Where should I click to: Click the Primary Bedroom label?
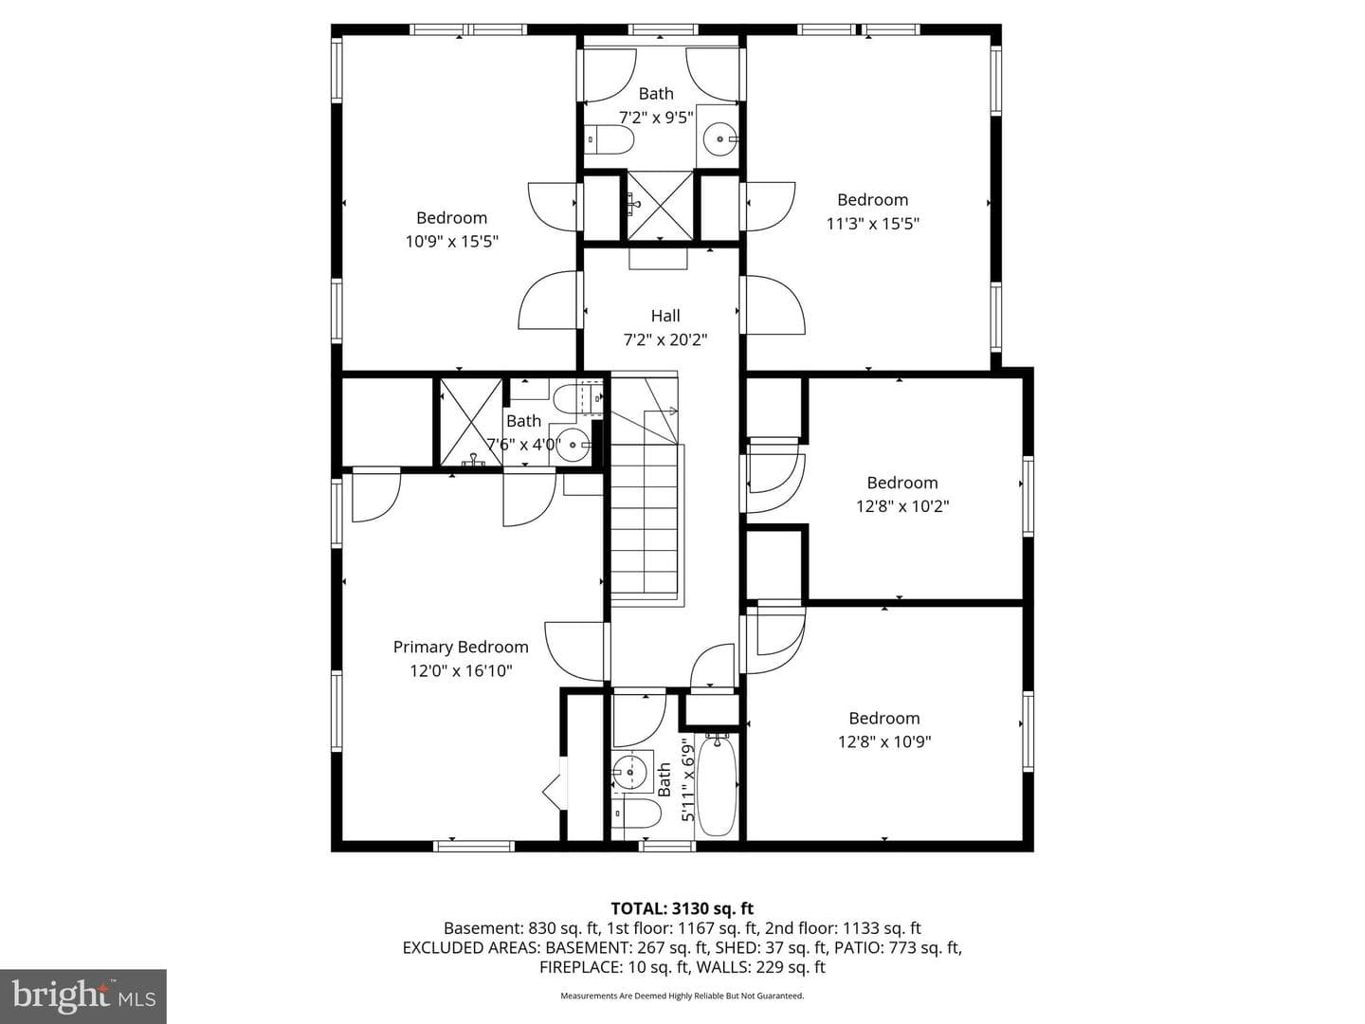click(461, 648)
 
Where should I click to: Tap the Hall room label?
click(665, 316)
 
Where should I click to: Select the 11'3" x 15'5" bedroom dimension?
click(872, 223)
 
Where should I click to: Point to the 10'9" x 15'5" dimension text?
click(452, 241)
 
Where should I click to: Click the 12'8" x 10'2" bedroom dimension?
click(902, 506)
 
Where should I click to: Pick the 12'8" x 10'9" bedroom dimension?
click(884, 741)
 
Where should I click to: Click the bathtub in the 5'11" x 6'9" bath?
click(718, 786)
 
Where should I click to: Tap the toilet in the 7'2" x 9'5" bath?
click(610, 140)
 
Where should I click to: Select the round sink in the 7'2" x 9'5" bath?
click(720, 139)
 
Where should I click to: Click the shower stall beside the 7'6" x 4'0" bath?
click(471, 422)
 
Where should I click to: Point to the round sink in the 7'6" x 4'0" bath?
click(573, 444)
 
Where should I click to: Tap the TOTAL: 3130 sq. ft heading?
click(682, 908)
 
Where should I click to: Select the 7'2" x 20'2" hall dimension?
click(665, 339)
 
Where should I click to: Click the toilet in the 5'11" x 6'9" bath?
click(635, 814)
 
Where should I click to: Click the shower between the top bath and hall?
click(660, 206)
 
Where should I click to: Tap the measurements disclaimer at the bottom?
click(682, 996)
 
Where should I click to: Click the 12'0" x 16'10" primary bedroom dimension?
click(461, 671)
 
